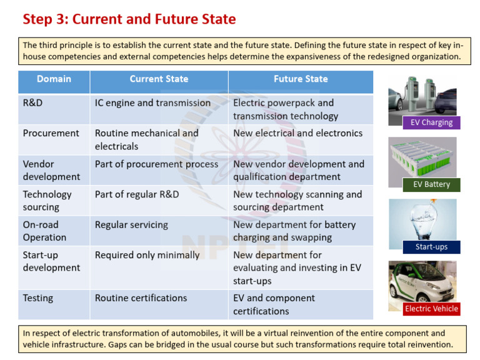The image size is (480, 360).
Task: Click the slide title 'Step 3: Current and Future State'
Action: pos(129,19)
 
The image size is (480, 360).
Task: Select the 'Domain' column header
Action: pos(54,79)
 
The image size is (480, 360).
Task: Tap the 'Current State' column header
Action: pos(159,79)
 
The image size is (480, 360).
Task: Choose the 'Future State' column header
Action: pos(300,79)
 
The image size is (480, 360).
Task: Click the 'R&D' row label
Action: pos(32,103)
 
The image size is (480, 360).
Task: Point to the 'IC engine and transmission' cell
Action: pos(152,103)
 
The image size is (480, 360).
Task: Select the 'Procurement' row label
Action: pos(51,133)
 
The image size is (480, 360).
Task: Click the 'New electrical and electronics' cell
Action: pos(297,133)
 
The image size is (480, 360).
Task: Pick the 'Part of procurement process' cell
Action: pos(156,164)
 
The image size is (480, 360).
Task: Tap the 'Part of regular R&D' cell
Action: pos(137,194)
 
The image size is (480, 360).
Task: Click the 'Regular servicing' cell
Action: pos(131,224)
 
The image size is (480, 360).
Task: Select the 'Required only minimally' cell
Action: pos(147,255)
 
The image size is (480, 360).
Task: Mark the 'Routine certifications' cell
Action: pos(141,298)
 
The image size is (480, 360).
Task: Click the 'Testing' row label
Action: pos(38,298)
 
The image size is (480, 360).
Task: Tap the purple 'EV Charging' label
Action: pos(431,122)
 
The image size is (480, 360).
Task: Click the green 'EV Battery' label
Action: pos(431,184)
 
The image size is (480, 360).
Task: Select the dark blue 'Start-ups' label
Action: pos(431,247)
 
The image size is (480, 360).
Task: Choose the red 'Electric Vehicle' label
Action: pos(431,309)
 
